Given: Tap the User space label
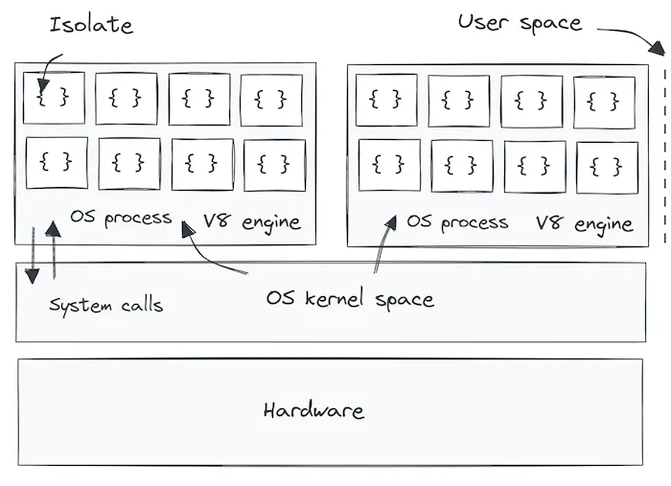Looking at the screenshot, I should click(519, 23).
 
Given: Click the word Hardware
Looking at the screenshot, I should click(313, 411).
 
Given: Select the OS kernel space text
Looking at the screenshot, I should click(349, 299).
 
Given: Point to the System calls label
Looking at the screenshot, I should click(105, 306).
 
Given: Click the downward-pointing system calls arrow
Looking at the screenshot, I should click(32, 255).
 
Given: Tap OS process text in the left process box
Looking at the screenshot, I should click(121, 218).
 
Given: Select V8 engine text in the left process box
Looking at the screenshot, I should click(251, 222).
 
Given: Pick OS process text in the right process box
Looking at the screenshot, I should click(457, 222).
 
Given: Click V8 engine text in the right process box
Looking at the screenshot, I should click(584, 224).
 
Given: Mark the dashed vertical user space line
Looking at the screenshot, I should click(663, 153).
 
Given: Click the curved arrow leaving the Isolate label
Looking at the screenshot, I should click(48, 67).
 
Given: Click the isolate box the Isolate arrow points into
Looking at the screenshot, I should click(54, 98).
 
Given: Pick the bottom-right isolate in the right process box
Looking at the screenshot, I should click(606, 167).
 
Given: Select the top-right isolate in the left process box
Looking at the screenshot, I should click(271, 100).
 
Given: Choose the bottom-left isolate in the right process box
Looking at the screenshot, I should click(388, 165).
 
